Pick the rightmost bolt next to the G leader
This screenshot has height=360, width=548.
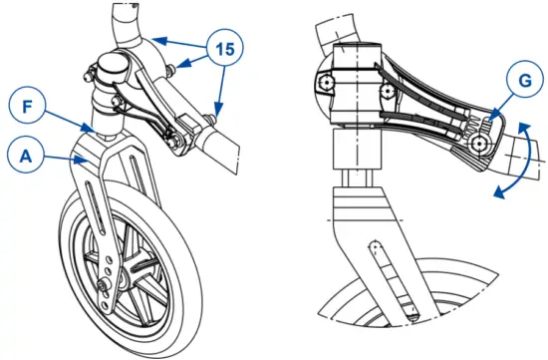coord(480,144)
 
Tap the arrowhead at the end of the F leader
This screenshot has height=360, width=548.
coord(91,129)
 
